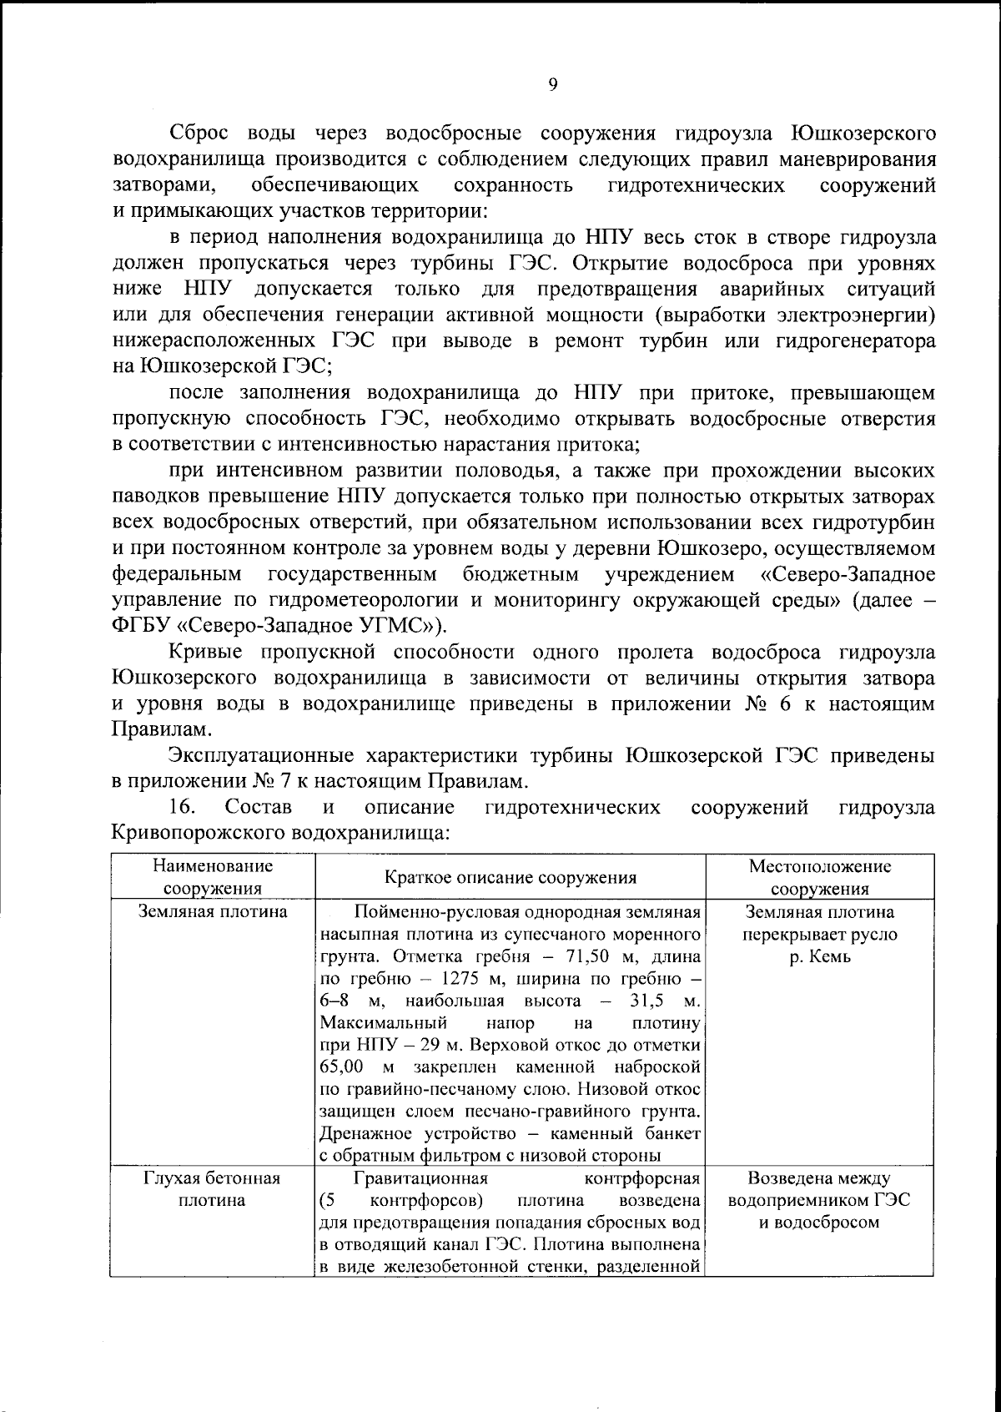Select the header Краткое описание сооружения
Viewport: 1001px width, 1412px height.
(511, 878)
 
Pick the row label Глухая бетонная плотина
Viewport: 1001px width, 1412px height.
(212, 1190)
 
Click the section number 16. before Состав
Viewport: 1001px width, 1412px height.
(182, 808)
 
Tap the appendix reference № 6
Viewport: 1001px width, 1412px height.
(764, 703)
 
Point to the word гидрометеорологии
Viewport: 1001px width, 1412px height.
(364, 600)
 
